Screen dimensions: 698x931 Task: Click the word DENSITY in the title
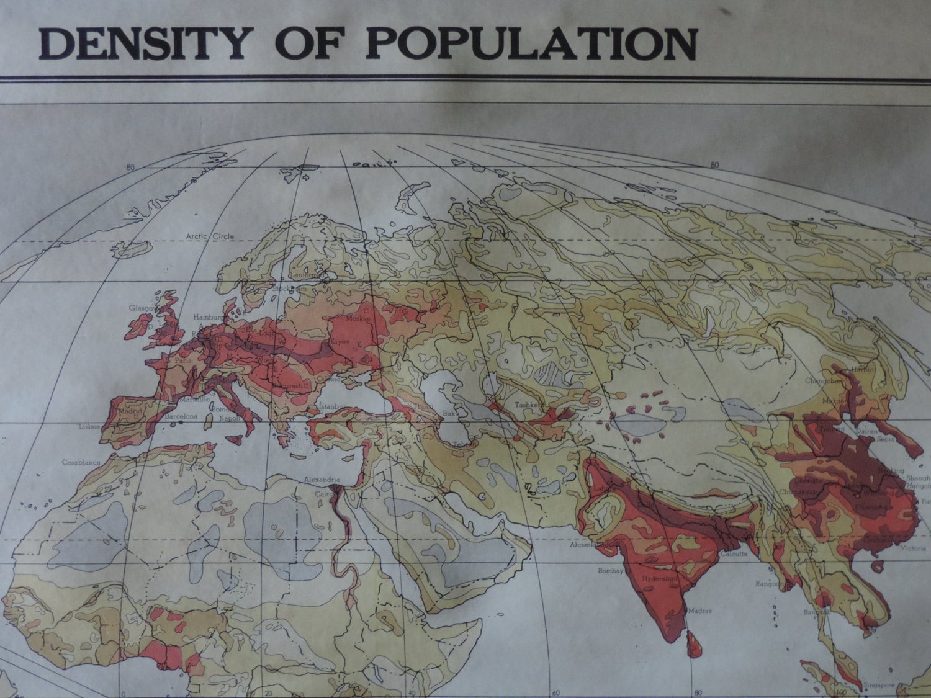tap(142, 43)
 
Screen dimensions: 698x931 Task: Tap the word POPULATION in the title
tap(531, 43)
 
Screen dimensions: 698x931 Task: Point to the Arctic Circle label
tap(210, 236)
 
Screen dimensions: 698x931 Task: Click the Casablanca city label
tap(81, 462)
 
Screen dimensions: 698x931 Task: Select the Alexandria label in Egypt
tap(322, 480)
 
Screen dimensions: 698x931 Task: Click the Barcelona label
tap(181, 416)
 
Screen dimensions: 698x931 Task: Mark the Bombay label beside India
tap(609, 570)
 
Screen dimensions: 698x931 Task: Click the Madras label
tap(699, 611)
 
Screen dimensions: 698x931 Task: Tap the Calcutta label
tap(734, 554)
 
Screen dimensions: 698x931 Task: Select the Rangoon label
tap(769, 583)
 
